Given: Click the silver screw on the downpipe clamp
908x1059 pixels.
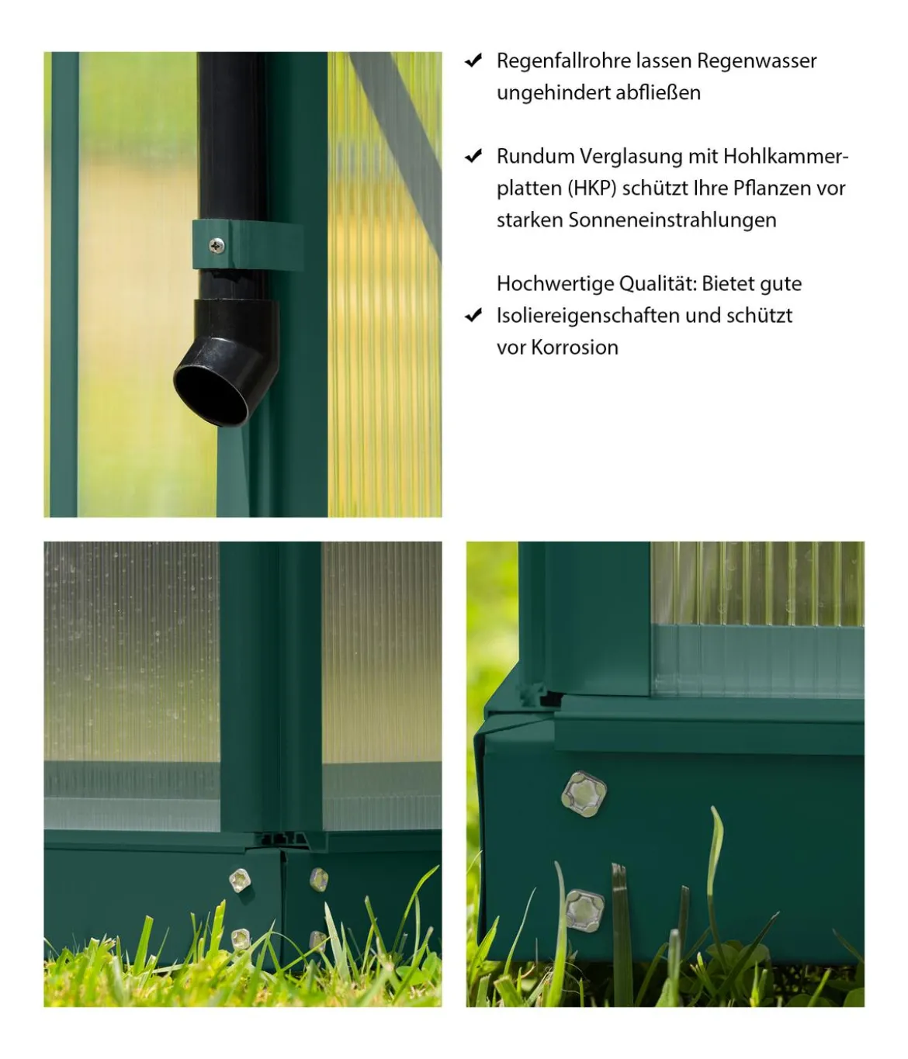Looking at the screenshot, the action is (217, 246).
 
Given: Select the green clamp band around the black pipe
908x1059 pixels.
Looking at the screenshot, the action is (248, 245).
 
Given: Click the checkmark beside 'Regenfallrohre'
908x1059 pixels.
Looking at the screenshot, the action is (473, 61).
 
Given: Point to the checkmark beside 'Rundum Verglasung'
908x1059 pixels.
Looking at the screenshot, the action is (473, 156).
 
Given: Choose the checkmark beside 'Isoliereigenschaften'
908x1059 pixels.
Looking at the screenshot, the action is (473, 315).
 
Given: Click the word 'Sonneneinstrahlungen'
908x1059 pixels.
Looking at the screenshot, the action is (673, 220).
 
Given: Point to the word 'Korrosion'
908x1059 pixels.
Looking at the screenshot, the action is (575, 348).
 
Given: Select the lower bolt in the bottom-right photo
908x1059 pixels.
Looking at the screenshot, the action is (585, 910).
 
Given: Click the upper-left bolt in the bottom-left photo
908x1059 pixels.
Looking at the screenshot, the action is (240, 881).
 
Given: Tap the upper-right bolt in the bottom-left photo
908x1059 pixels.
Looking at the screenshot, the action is (319, 879).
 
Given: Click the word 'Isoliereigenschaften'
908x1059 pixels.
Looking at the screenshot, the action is (587, 316).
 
